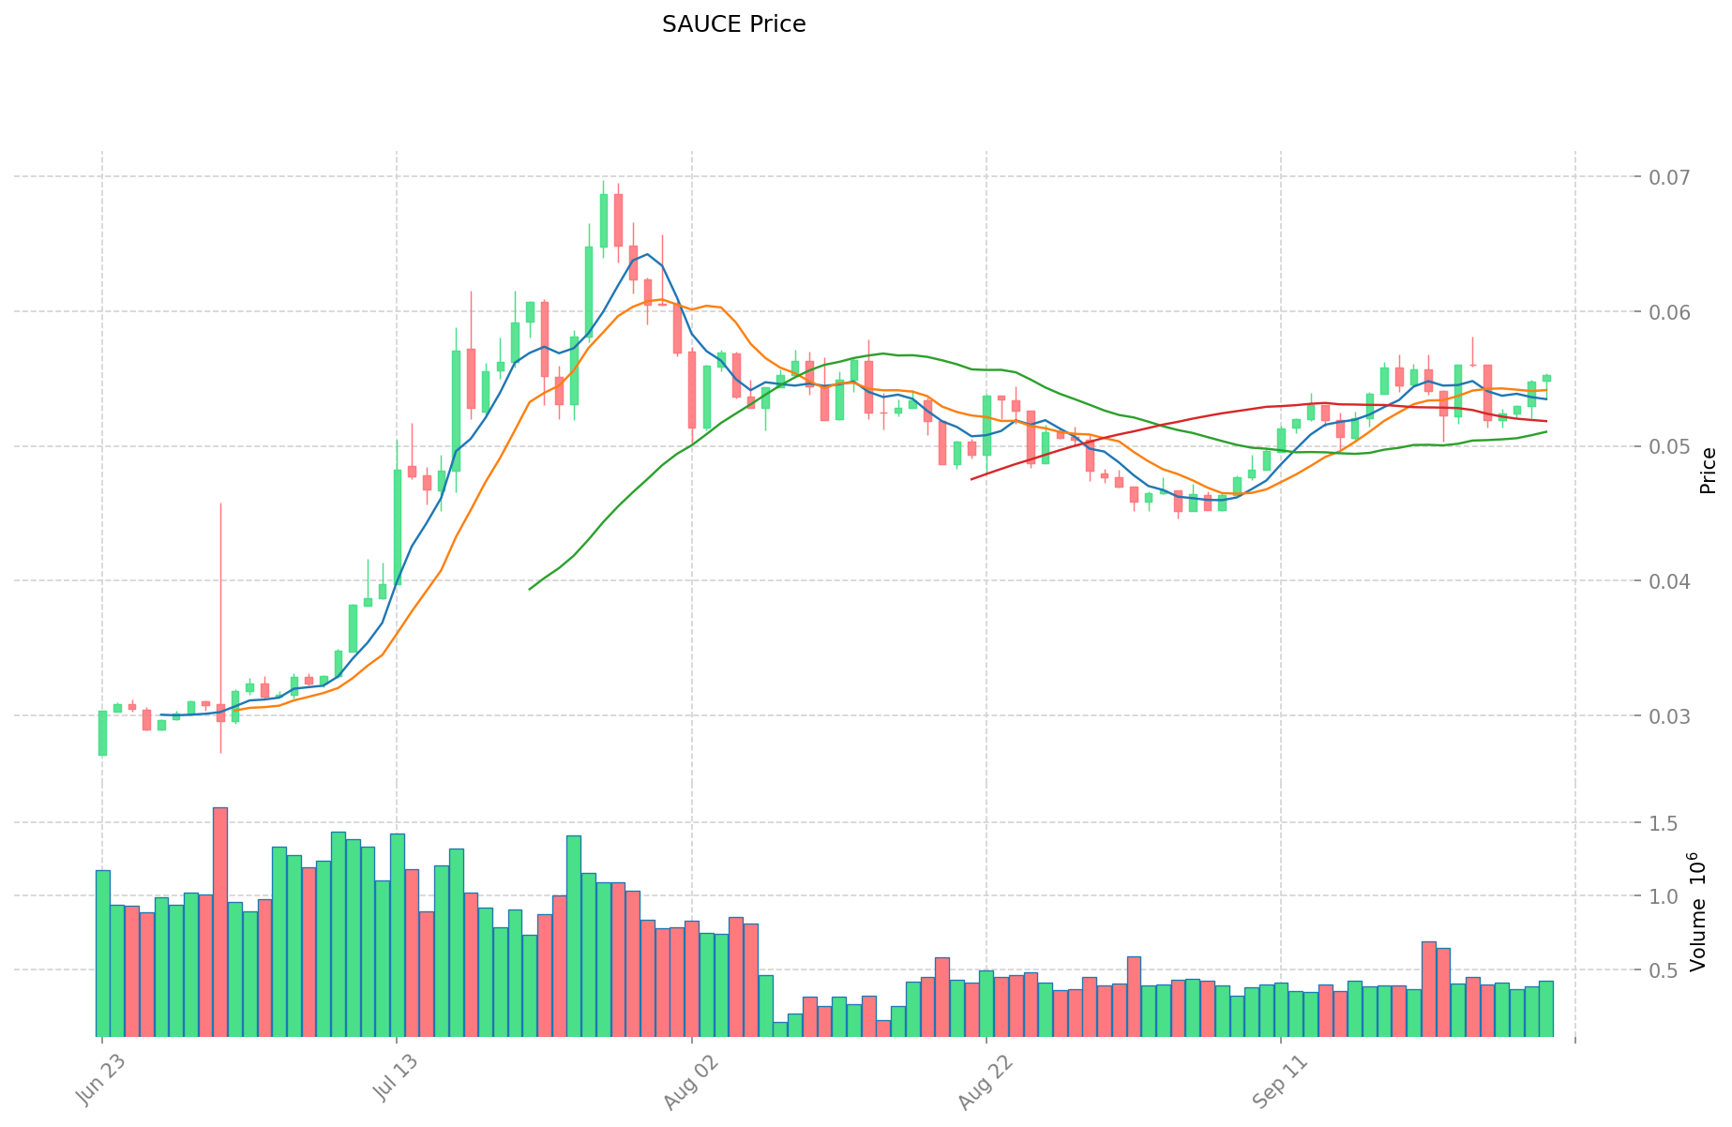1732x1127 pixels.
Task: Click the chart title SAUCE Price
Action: [x=733, y=24]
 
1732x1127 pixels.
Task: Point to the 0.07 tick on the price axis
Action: [x=1664, y=177]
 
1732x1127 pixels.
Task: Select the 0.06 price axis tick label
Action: [x=1664, y=312]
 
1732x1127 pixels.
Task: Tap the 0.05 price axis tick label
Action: [x=1664, y=447]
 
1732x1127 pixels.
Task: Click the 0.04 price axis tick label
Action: [x=1664, y=582]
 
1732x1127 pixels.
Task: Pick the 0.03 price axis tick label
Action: [x=1664, y=717]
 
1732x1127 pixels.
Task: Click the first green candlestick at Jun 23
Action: [x=102, y=733]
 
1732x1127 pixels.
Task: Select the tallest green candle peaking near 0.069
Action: [x=604, y=219]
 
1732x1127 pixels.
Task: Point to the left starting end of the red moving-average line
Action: [x=972, y=478]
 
